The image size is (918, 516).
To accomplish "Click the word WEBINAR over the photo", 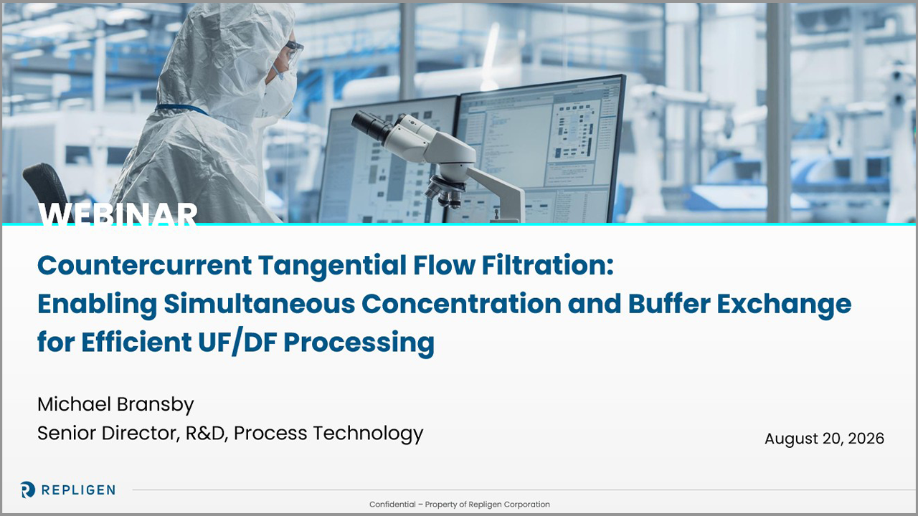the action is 118,214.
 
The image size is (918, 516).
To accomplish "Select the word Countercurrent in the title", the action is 144,265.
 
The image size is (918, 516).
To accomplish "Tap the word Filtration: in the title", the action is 547,265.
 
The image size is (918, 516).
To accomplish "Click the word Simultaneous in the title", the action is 260,303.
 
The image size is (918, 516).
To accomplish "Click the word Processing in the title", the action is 359,343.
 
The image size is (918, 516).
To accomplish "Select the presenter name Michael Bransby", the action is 115,405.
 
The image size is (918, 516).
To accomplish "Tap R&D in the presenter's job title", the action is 207,433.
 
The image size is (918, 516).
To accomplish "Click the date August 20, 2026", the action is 824,439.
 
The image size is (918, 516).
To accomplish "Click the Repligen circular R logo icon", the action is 27,489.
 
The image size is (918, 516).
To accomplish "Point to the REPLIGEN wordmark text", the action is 78,489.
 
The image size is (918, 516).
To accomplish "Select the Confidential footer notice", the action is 460,504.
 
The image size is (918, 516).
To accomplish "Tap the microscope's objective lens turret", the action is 445,191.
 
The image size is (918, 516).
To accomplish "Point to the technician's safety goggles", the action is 293,53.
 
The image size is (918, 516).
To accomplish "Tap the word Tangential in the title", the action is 332,266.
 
